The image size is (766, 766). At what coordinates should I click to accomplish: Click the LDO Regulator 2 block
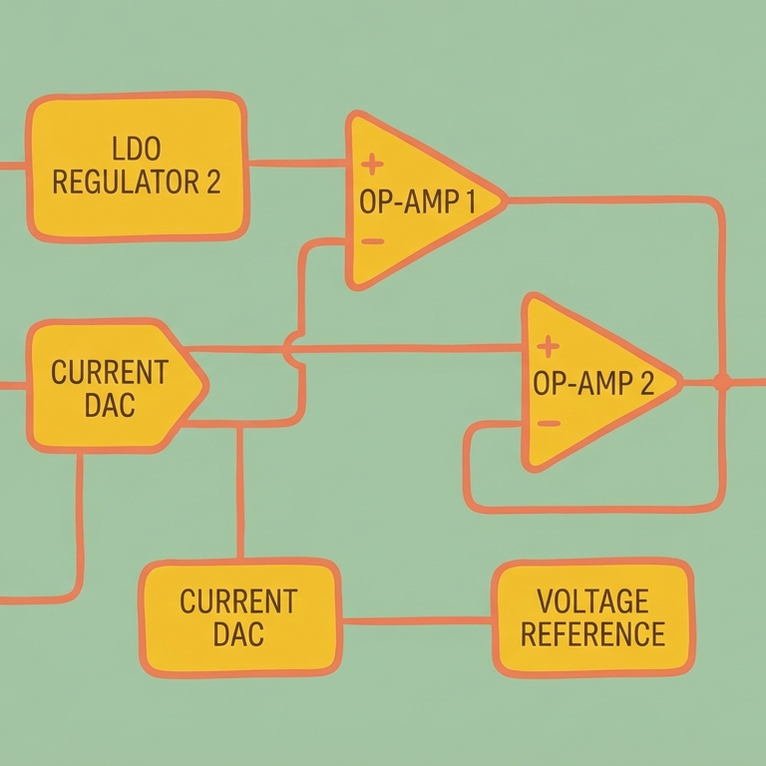(137, 167)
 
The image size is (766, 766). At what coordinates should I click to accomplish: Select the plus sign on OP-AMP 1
(371, 164)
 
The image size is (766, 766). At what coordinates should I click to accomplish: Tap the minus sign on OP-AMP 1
(371, 240)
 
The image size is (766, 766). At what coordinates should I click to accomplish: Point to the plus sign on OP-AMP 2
(547, 346)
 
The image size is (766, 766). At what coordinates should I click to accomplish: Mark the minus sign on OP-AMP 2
(548, 423)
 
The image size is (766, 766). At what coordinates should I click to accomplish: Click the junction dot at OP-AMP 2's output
(721, 381)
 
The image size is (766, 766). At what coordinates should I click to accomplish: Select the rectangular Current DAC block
(239, 615)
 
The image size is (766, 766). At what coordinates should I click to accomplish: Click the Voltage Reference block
(592, 617)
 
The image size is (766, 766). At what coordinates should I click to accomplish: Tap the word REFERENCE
(592, 633)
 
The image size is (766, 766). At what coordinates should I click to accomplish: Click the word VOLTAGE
(592, 601)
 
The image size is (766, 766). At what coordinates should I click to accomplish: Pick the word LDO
(138, 150)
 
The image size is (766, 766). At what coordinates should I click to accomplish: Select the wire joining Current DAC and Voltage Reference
(417, 620)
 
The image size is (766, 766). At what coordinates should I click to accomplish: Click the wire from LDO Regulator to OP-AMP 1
(297, 163)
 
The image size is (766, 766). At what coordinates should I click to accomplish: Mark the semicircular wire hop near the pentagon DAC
(289, 349)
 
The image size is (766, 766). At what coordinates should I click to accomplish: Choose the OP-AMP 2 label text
(593, 384)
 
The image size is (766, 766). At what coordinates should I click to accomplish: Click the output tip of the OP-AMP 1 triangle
(505, 200)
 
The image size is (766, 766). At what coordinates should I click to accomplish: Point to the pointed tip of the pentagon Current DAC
(205, 385)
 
